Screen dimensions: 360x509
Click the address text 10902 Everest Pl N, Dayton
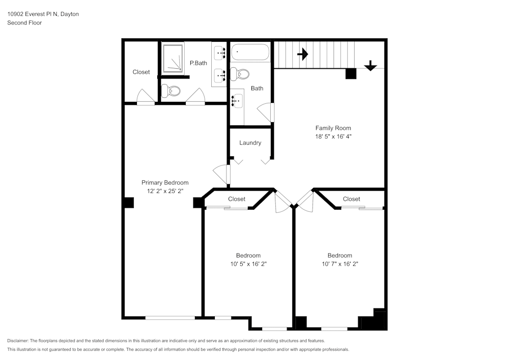pyautogui.click(x=43, y=14)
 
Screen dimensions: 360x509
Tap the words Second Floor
pyautogui.click(x=24, y=23)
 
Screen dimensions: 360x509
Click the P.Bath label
pyautogui.click(x=198, y=63)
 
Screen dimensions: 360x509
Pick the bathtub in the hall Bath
pyautogui.click(x=250, y=52)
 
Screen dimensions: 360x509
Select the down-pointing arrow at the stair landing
pyautogui.click(x=370, y=65)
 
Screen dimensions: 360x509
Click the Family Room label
pyautogui.click(x=333, y=128)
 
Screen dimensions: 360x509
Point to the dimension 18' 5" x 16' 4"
pyautogui.click(x=333, y=137)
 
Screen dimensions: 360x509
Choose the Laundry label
pyautogui.click(x=250, y=143)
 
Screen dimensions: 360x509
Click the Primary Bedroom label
pyautogui.click(x=165, y=183)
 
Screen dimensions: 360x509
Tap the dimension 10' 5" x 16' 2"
pyautogui.click(x=248, y=264)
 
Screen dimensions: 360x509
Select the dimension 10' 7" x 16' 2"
pyautogui.click(x=340, y=264)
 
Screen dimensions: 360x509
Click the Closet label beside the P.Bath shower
pyautogui.click(x=141, y=72)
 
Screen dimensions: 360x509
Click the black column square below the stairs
pyautogui.click(x=351, y=73)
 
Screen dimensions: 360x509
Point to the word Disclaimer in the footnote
pyautogui.click(x=18, y=341)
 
